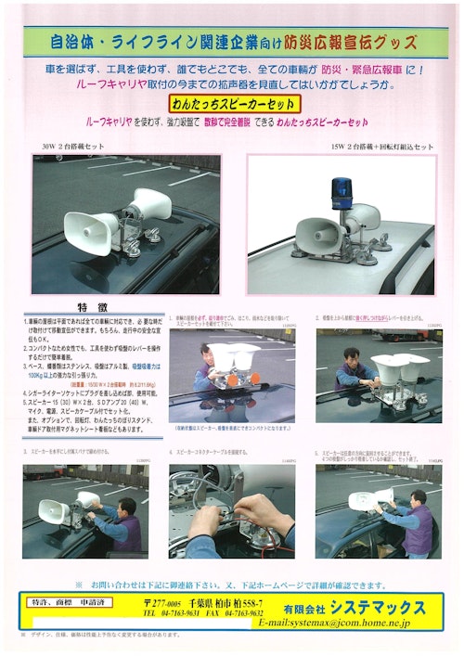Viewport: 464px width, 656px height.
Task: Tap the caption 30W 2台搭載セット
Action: coord(71,147)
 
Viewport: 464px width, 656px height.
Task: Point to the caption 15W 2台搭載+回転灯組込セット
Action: coord(381,147)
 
